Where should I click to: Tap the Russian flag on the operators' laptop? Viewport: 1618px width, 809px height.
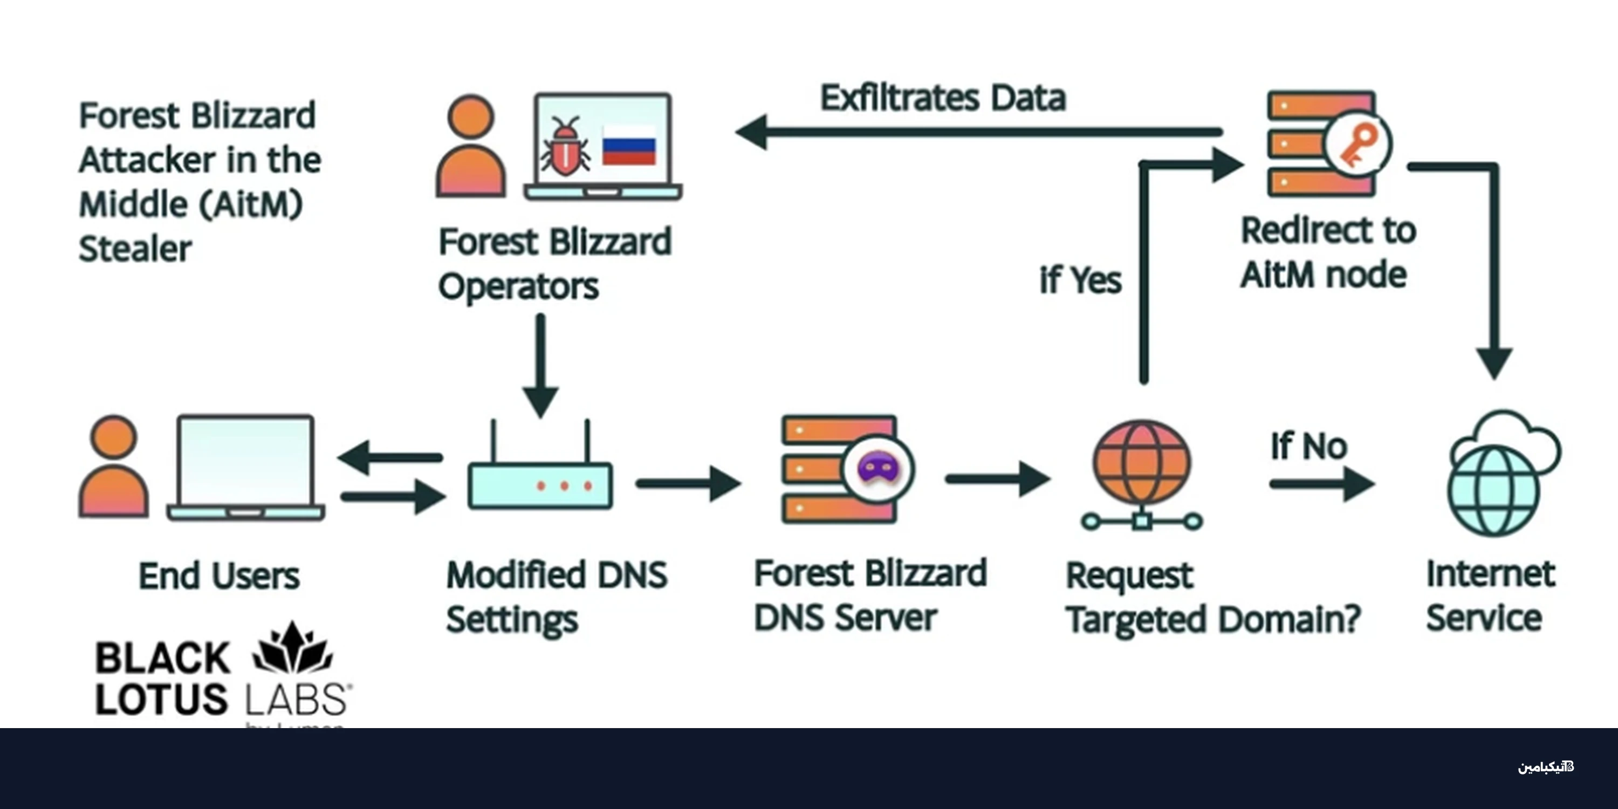629,144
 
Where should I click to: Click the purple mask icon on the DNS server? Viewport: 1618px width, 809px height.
878,469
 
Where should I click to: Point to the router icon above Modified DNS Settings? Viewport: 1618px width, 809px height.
540,477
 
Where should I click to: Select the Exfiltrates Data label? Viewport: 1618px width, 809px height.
943,98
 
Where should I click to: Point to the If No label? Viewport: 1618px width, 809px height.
1309,447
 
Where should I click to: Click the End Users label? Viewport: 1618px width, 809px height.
218,576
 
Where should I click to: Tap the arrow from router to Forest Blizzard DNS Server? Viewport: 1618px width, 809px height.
688,484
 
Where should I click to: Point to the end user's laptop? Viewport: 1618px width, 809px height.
245,468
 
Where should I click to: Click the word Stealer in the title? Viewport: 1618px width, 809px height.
135,249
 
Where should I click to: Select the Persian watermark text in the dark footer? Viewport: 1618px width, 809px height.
1545,767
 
